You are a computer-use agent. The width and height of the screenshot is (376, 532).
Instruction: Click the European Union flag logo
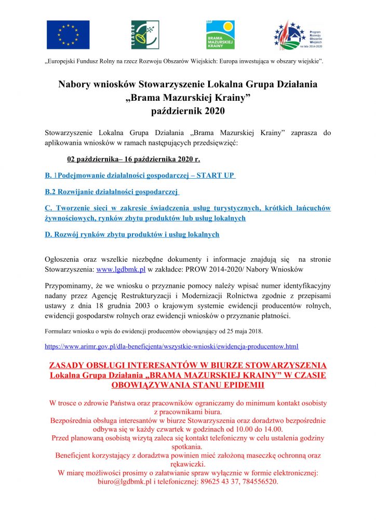tap(68, 35)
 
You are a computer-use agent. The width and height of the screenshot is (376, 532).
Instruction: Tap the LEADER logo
tap(141, 35)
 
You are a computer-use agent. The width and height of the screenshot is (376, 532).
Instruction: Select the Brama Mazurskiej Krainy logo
tap(220, 35)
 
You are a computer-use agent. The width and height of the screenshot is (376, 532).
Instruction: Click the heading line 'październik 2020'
tap(187, 111)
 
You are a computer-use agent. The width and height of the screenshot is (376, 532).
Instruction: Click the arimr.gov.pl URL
tap(171, 345)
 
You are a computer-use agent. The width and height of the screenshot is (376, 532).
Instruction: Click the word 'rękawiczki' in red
tap(187, 464)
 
